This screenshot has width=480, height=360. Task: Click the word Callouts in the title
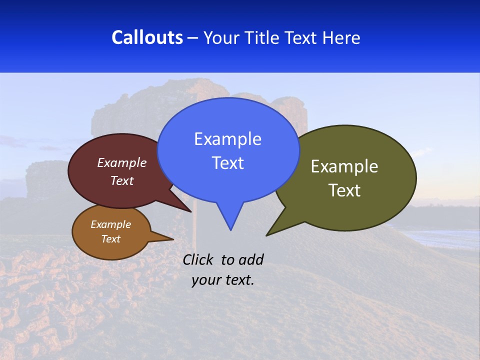click(x=147, y=37)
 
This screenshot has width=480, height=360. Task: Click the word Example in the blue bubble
click(x=227, y=139)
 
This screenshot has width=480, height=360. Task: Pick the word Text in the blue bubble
click(x=227, y=163)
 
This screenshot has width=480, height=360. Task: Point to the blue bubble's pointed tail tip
click(x=230, y=229)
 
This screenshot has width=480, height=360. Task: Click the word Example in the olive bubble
click(x=344, y=166)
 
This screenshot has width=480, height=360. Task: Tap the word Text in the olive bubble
click(x=344, y=190)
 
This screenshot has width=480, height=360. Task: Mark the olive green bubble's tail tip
click(x=267, y=235)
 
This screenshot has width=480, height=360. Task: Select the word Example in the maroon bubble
click(x=121, y=162)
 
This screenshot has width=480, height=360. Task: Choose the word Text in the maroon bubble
click(x=121, y=180)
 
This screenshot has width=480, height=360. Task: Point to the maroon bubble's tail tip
click(x=190, y=211)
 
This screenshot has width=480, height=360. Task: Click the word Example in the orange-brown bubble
click(x=110, y=224)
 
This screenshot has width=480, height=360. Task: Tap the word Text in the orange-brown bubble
click(x=110, y=239)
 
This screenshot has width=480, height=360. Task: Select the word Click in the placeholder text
click(x=198, y=259)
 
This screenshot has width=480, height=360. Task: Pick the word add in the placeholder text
click(x=251, y=259)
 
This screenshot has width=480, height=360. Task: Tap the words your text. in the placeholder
click(x=223, y=280)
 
